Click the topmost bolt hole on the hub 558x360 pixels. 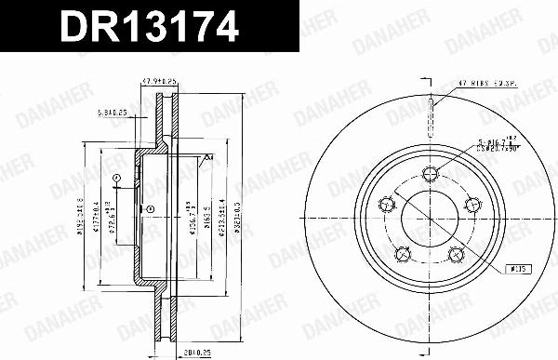pos(430,171)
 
